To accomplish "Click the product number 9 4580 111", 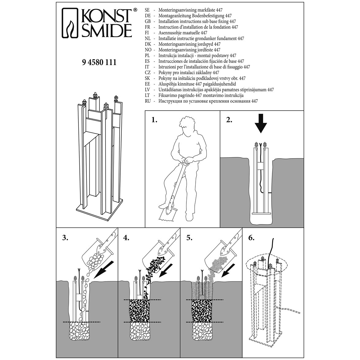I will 99,62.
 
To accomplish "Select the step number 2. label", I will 229,120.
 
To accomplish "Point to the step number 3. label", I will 65,238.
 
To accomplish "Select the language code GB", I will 147,21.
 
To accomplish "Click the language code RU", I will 147,101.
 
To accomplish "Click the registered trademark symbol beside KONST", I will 135,10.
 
